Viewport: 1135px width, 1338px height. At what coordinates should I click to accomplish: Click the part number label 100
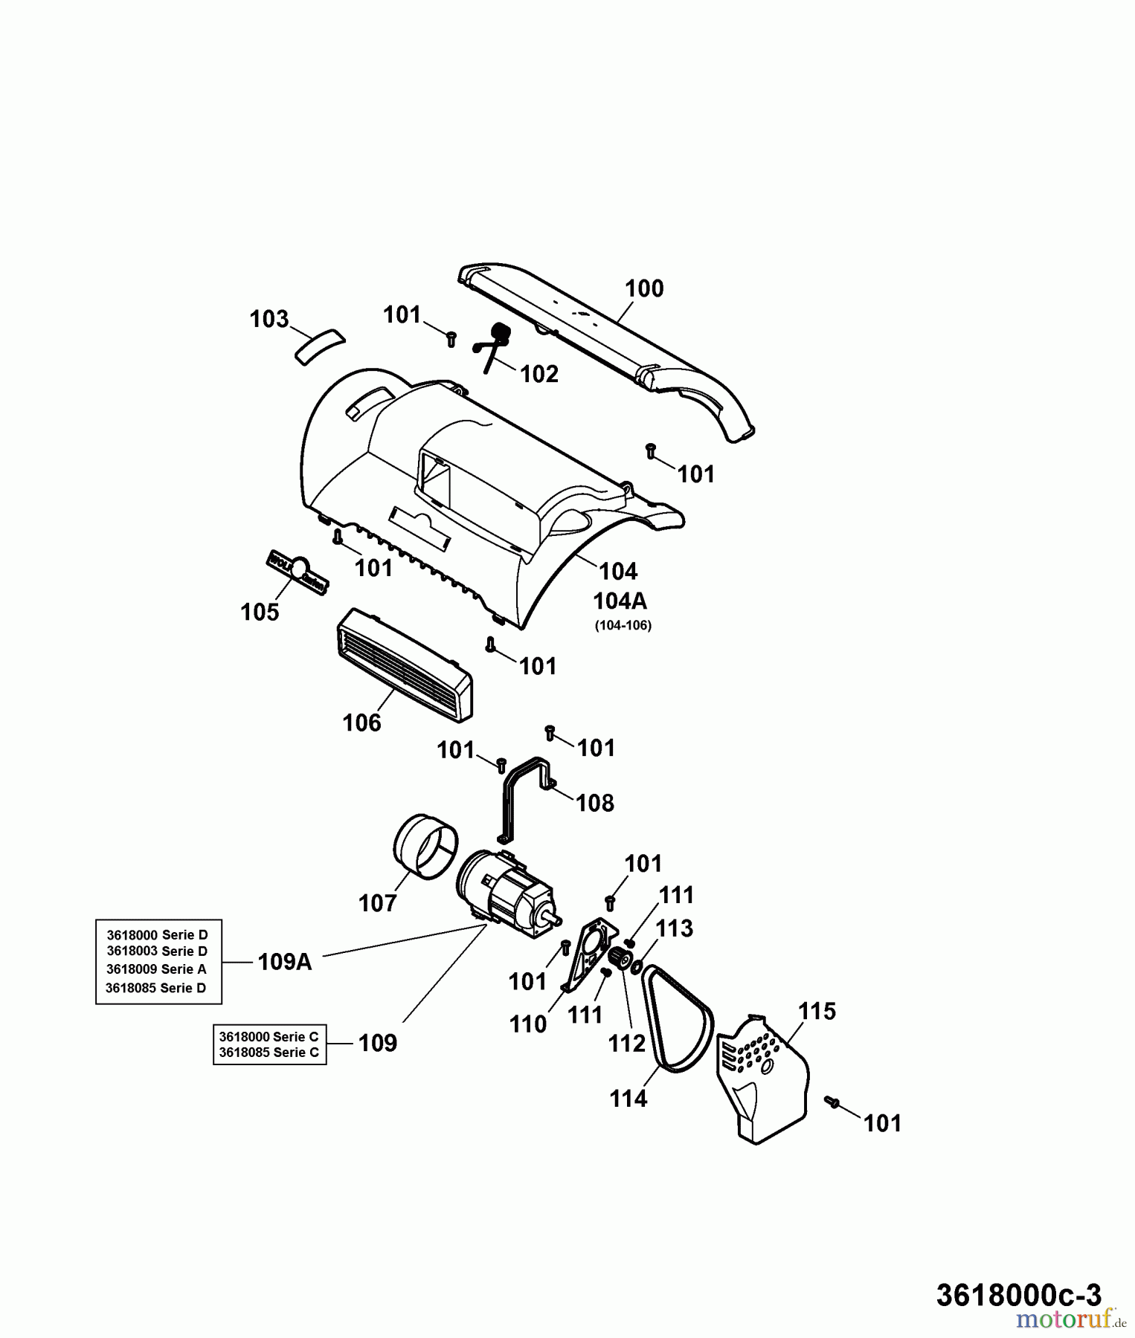click(644, 288)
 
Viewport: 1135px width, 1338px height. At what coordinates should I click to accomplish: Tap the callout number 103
click(269, 319)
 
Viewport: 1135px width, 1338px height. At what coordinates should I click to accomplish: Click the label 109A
click(285, 962)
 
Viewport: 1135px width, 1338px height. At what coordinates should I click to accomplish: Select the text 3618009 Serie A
click(156, 969)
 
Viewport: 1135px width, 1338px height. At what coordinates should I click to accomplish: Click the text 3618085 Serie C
click(269, 1052)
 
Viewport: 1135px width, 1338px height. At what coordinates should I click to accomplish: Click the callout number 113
click(675, 928)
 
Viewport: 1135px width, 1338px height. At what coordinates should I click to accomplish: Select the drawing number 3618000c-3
click(1018, 1295)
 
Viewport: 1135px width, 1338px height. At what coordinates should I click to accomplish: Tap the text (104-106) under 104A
click(623, 625)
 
